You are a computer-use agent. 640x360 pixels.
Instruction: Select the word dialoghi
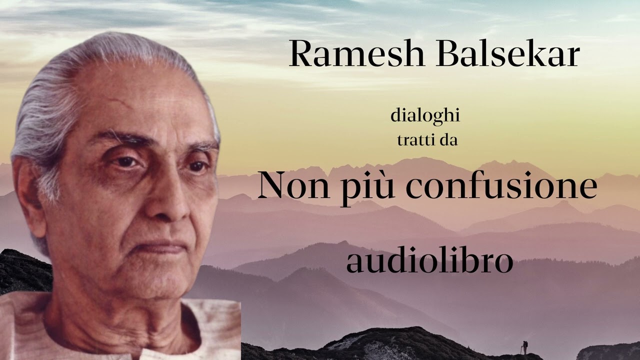click(425, 116)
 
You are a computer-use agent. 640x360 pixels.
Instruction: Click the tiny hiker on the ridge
click(524, 346)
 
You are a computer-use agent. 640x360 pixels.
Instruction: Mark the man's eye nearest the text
click(198, 165)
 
